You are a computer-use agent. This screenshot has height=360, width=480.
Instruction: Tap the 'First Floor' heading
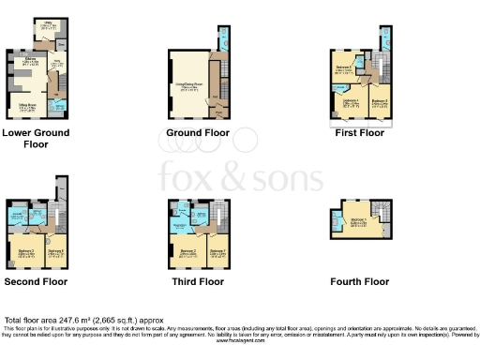click(x=359, y=133)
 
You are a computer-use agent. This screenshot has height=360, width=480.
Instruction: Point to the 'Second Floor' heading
click(x=36, y=280)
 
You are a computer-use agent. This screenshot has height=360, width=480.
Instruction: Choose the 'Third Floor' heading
click(x=196, y=280)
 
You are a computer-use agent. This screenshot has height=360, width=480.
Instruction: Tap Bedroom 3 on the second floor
click(x=25, y=251)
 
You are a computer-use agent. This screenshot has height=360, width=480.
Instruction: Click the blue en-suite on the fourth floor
click(x=336, y=223)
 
